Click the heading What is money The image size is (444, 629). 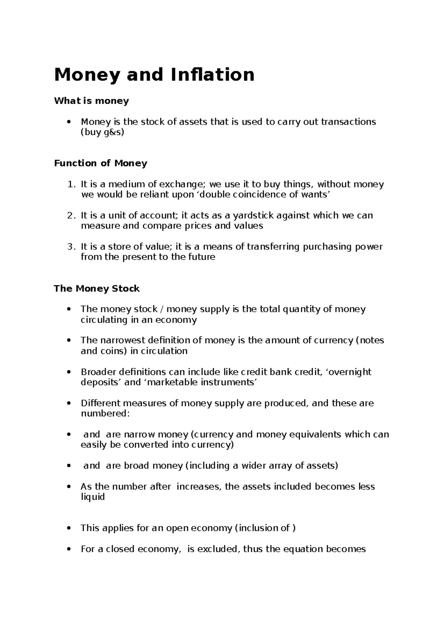click(91, 101)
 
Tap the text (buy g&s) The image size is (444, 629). click(102, 132)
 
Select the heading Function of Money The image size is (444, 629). click(101, 163)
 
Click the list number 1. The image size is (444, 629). click(71, 184)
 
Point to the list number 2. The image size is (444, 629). click(71, 216)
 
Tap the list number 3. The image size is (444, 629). click(71, 247)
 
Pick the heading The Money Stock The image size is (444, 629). click(97, 289)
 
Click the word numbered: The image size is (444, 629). click(105, 413)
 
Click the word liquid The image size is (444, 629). click(92, 497)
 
